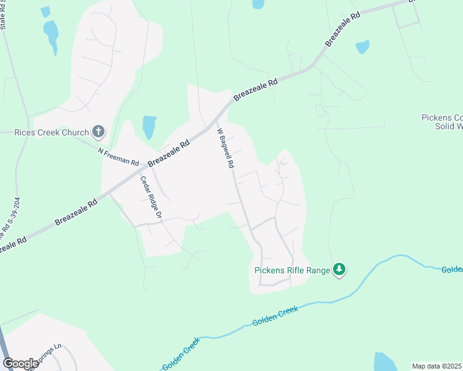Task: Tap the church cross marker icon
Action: [x=98, y=131]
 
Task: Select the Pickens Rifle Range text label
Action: [x=292, y=270]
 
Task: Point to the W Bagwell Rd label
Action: [x=226, y=148]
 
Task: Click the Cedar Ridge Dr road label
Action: [x=150, y=198]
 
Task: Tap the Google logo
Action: [x=20, y=364]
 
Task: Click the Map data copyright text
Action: [x=436, y=365]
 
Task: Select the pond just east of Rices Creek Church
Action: [x=149, y=127]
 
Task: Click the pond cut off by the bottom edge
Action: [x=385, y=362]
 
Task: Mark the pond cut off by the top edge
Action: [x=258, y=4]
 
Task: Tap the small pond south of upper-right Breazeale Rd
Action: [x=363, y=46]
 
